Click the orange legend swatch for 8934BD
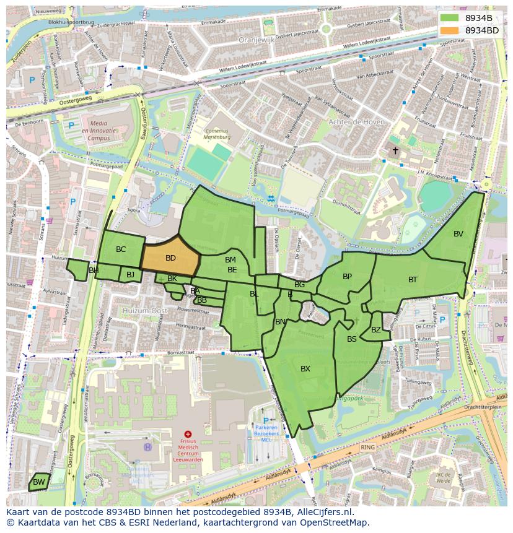point(450,30)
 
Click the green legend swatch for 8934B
point(450,18)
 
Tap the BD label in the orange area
point(170,258)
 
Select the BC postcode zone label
point(121,249)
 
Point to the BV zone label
point(458,233)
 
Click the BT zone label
point(413,280)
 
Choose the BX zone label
point(305,369)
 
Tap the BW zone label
point(38,482)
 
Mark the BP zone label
point(347,277)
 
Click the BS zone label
point(351,339)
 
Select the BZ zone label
point(376,330)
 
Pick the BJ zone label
point(130,274)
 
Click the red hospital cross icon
point(188,435)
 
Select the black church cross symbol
point(395,150)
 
